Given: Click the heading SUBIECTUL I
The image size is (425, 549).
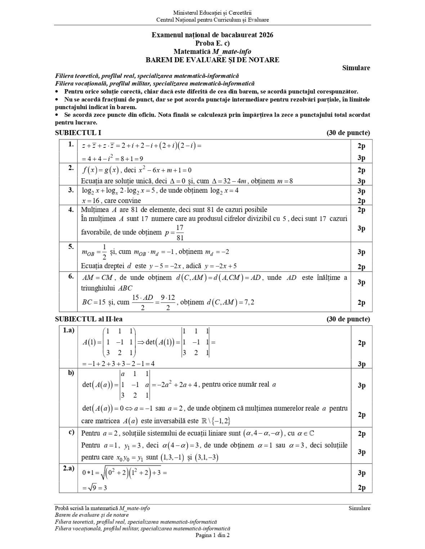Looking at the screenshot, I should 78,133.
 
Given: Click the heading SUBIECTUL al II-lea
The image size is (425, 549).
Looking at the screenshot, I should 89,319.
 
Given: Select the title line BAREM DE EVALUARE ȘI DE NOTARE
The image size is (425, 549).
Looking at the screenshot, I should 212,60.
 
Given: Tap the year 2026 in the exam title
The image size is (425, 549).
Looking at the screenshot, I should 265,35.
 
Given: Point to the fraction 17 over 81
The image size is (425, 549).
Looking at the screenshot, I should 180,233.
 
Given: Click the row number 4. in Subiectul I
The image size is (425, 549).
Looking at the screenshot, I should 71,210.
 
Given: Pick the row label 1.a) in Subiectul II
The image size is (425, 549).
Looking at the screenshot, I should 68,330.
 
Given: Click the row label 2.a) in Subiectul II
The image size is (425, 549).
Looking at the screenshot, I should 68,468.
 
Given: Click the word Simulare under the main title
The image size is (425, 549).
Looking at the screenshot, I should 356,68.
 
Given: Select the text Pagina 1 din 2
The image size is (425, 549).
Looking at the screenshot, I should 212,535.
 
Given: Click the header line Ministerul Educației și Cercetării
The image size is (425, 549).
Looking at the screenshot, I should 212,13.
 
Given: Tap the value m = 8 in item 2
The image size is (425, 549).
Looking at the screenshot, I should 285,181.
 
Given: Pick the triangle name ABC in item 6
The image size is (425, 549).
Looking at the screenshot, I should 125,288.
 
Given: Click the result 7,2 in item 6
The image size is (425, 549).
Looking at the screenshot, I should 249,302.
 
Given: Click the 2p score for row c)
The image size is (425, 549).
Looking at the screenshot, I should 362,434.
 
